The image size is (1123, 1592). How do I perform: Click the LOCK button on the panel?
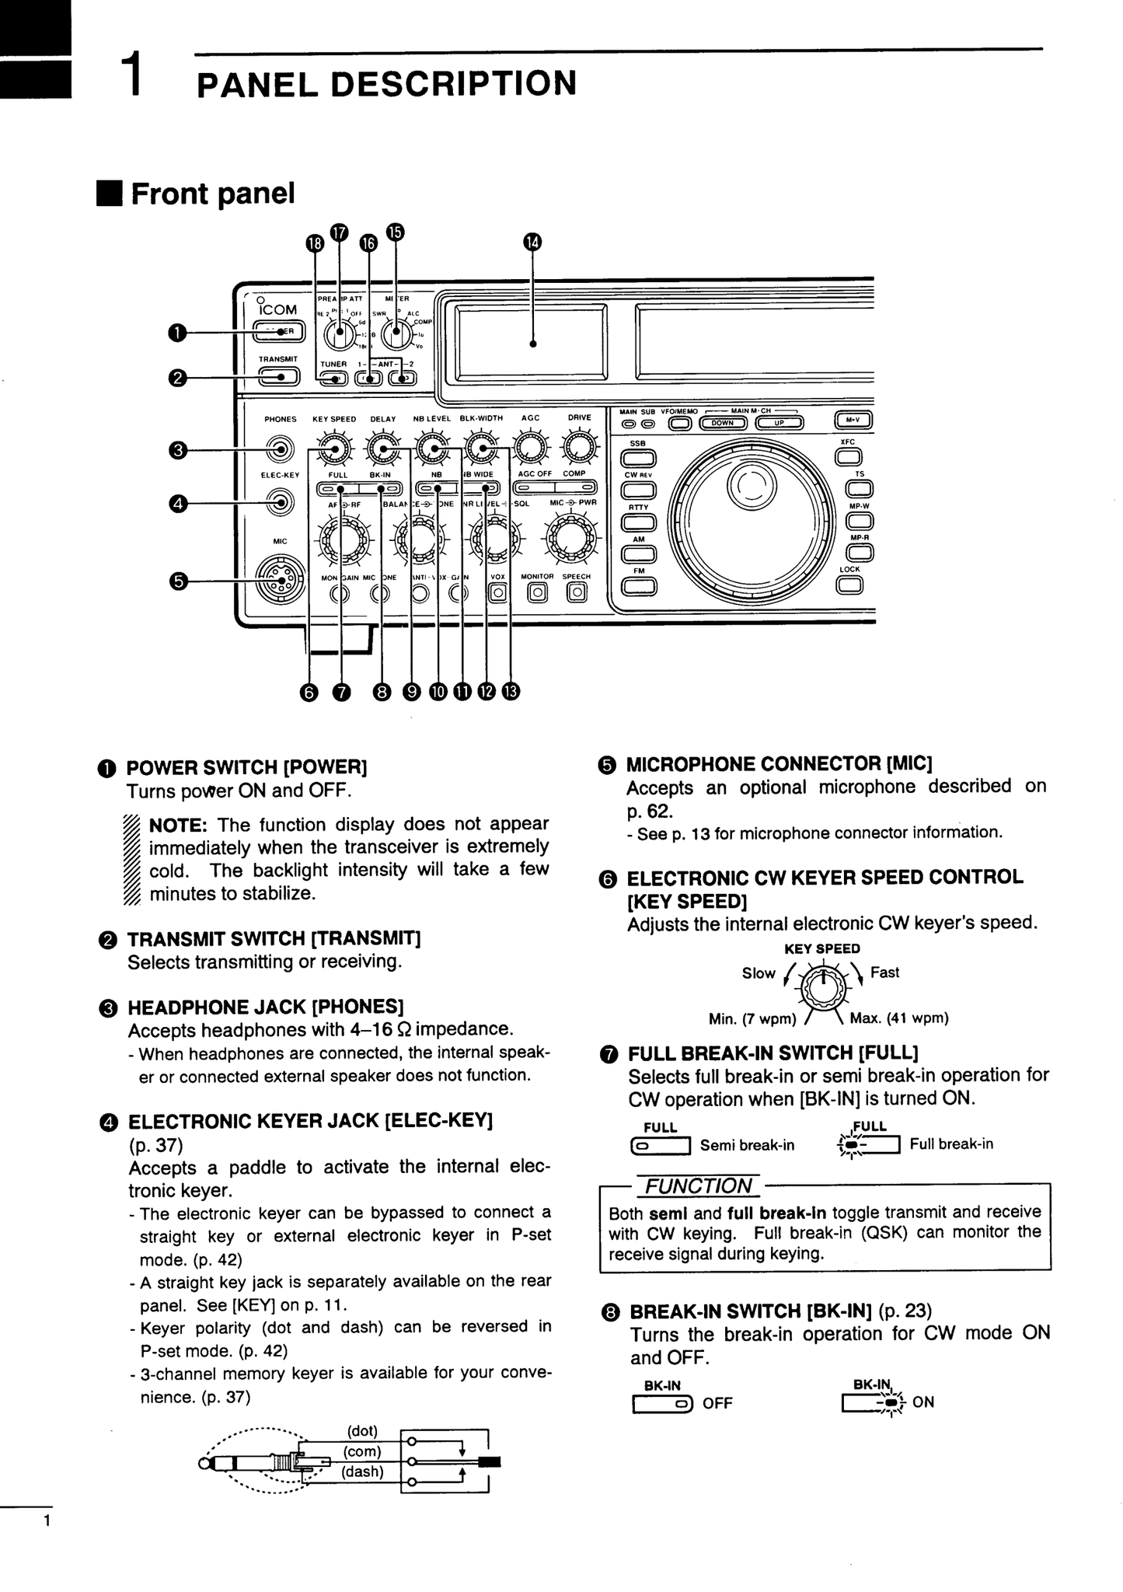click(x=849, y=585)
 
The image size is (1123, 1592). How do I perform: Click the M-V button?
click(x=853, y=421)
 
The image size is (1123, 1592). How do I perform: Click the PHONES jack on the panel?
click(x=280, y=449)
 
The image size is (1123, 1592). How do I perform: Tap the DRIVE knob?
click(x=579, y=448)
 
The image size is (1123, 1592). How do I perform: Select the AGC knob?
click(x=530, y=448)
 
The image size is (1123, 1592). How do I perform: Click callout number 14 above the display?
click(x=532, y=242)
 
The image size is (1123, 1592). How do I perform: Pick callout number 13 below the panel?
click(x=510, y=691)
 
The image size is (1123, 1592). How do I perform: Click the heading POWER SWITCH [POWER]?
click(x=246, y=768)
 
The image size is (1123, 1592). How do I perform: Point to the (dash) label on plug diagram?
click(x=362, y=1472)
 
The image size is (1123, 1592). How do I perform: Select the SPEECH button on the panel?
click(x=576, y=593)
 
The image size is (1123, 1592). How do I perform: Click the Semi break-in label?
click(x=747, y=1145)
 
